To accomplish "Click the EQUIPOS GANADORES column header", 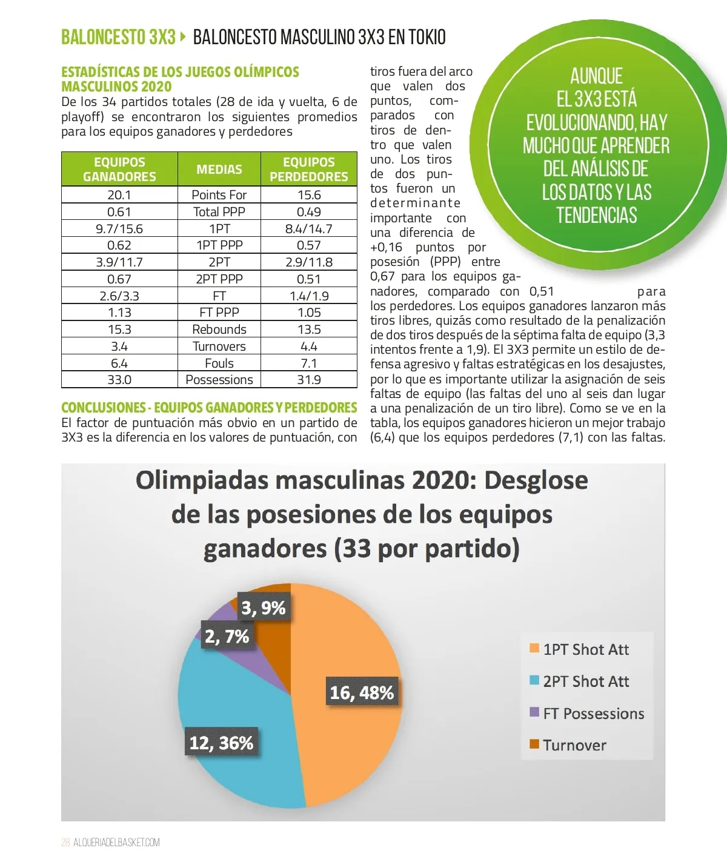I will pyautogui.click(x=119, y=169).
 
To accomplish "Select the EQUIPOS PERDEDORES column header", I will pyautogui.click(x=309, y=169).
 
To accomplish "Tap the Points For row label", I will pyautogui.click(x=219, y=195).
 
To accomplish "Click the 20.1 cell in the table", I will pyautogui.click(x=119, y=195).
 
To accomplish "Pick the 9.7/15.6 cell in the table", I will pyautogui.click(x=119, y=229).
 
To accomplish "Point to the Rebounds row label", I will pyautogui.click(x=219, y=330).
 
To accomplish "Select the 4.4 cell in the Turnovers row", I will pyautogui.click(x=309, y=346).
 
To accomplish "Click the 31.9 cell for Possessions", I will pyautogui.click(x=309, y=380).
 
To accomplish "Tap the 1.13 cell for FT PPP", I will pyautogui.click(x=119, y=313).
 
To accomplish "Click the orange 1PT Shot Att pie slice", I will pyautogui.click(x=357, y=642).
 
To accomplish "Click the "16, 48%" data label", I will pyautogui.click(x=362, y=692).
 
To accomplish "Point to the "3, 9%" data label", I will pyautogui.click(x=264, y=608).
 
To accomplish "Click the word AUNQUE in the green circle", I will pyautogui.click(x=596, y=76).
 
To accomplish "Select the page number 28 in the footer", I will pyautogui.click(x=65, y=843).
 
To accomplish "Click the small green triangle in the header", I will pyautogui.click(x=183, y=36).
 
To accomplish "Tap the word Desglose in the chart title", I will pyautogui.click(x=536, y=480).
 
